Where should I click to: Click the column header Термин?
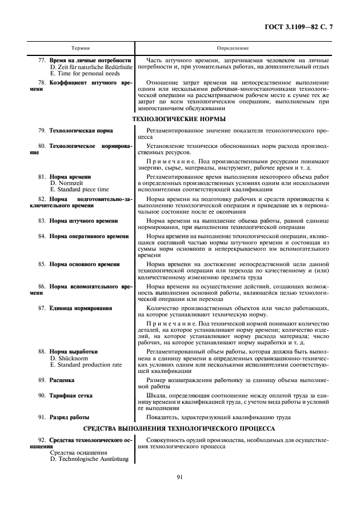pyautogui.click(x=81, y=49)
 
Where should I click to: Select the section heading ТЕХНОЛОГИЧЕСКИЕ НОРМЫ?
pyautogui.click(x=178, y=119)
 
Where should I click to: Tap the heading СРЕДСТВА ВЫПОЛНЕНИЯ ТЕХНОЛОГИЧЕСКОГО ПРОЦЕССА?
pyautogui.click(x=178, y=428)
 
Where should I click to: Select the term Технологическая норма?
pyautogui.click(x=81, y=131)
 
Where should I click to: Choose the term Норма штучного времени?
pyautogui.click(x=83, y=220)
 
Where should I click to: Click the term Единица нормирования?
pyautogui.click(x=80, y=308)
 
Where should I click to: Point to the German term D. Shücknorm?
pyautogui.click(x=70, y=358)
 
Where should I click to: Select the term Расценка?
pyautogui.click(x=62, y=379)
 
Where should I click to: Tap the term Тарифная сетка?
pyautogui.click(x=70, y=395)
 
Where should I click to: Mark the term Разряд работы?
pyautogui.click(x=69, y=417)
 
